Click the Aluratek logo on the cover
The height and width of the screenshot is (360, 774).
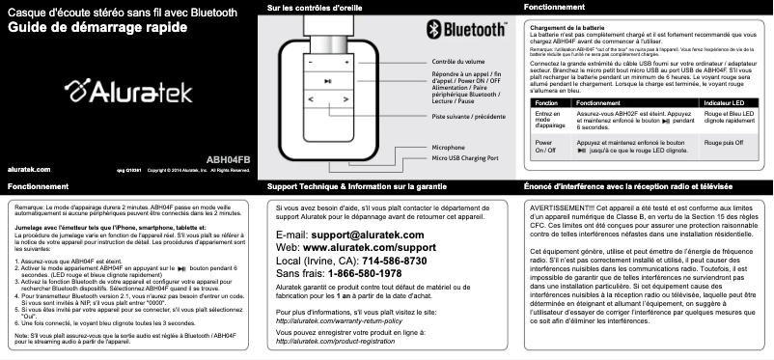pyautogui.click(x=127, y=93)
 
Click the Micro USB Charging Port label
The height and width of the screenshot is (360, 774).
pyautogui.click(x=464, y=157)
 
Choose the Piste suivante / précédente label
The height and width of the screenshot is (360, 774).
pyautogui.click(x=469, y=116)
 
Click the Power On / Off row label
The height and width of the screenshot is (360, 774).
pyautogui.click(x=545, y=147)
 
